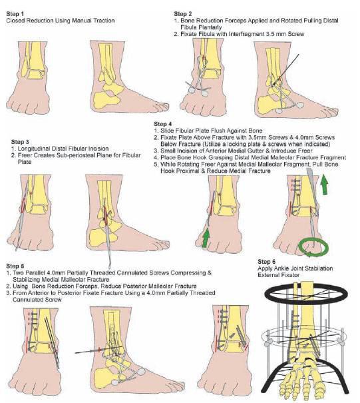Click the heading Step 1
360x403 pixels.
click(x=15, y=14)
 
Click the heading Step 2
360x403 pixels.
click(x=183, y=14)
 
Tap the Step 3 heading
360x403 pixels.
click(x=20, y=142)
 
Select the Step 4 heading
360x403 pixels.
click(x=163, y=124)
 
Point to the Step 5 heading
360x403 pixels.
click(x=15, y=266)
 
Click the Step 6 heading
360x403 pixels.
click(x=267, y=262)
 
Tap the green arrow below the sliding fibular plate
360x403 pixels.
click(x=206, y=238)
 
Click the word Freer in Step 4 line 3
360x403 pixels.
click(x=305, y=151)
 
